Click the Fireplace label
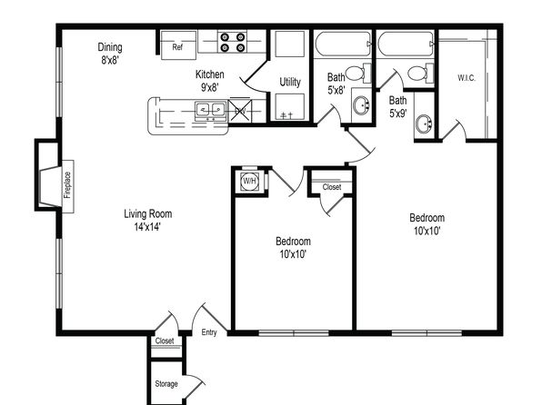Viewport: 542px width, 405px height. (67, 185)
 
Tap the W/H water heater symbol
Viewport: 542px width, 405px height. (249, 181)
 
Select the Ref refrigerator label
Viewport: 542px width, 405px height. (177, 47)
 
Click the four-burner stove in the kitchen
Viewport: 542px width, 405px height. (232, 42)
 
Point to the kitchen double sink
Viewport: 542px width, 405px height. (210, 110)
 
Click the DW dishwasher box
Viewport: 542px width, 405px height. (240, 111)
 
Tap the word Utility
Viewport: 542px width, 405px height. (290, 82)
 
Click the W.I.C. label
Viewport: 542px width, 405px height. (467, 78)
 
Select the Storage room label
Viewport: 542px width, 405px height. (166, 384)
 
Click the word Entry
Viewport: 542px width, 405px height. (209, 332)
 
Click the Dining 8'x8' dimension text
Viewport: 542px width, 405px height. (110, 60)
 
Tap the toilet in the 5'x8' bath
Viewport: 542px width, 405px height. (358, 73)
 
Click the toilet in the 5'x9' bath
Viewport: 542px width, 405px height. (421, 73)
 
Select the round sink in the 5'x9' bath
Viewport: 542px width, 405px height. (424, 123)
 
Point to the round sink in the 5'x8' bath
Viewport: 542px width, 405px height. (362, 105)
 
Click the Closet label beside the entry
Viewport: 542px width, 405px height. (165, 341)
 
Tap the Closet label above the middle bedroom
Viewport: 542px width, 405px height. (332, 187)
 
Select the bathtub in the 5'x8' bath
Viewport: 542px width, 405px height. (343, 44)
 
